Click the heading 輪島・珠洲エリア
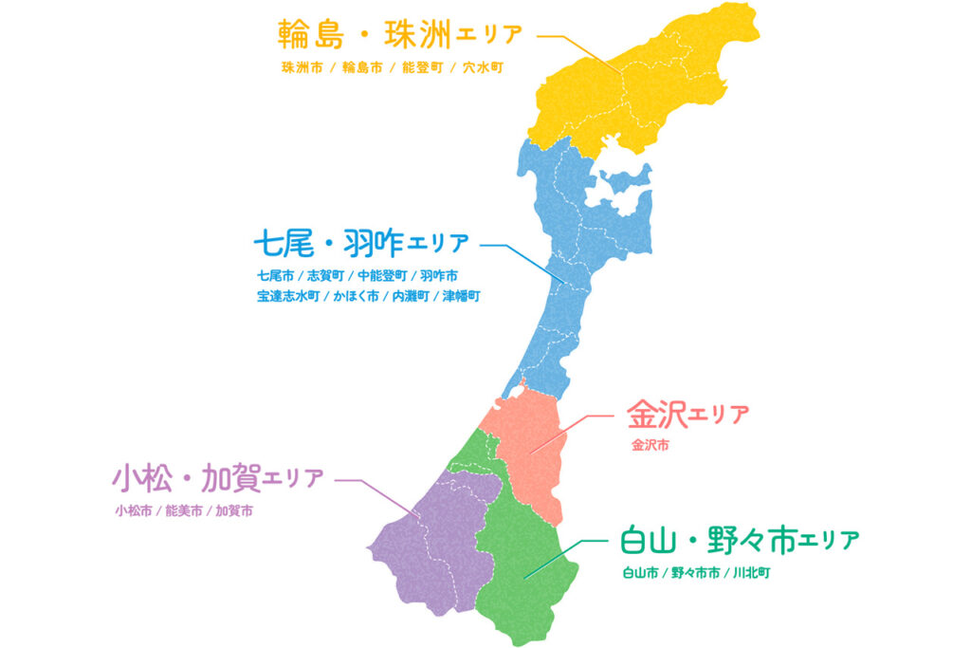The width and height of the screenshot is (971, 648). pos(399,34)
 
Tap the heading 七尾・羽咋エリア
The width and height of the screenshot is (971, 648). pos(360,244)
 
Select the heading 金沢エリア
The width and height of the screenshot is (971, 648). pos(687,414)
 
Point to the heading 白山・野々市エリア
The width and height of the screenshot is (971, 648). pos(739,541)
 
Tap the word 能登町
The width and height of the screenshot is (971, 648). pos(418,68)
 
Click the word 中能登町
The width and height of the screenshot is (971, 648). pos(382,276)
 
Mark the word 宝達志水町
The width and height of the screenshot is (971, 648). pos(287,296)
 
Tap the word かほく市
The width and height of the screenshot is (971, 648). pos(356,296)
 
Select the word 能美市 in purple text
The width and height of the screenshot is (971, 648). pos(184,510)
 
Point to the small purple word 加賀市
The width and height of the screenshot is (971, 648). pos(234,510)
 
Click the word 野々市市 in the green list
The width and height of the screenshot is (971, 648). pos(697,572)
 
